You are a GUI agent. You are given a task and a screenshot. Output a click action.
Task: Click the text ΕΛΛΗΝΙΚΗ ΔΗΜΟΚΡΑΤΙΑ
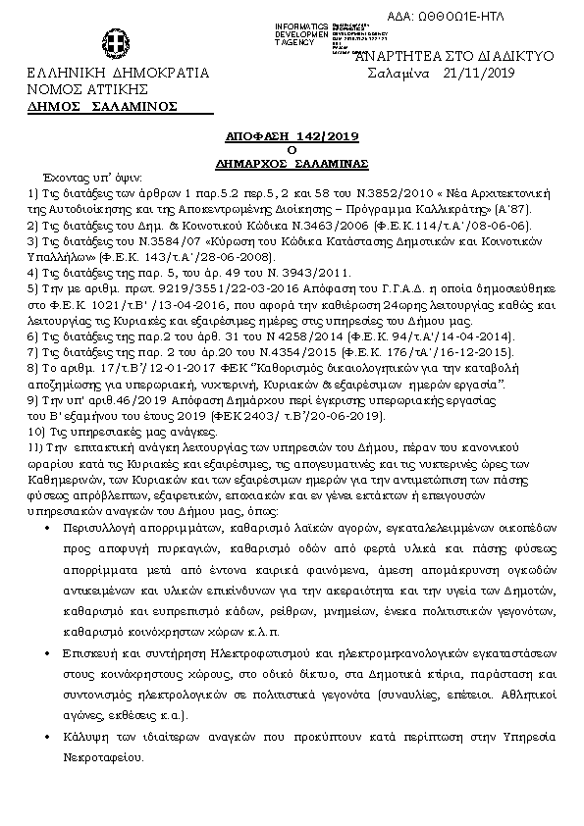[118, 74]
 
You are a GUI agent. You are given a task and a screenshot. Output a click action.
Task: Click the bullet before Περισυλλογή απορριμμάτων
[49, 528]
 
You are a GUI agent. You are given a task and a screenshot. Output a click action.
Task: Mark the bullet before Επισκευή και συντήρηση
[49, 651]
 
